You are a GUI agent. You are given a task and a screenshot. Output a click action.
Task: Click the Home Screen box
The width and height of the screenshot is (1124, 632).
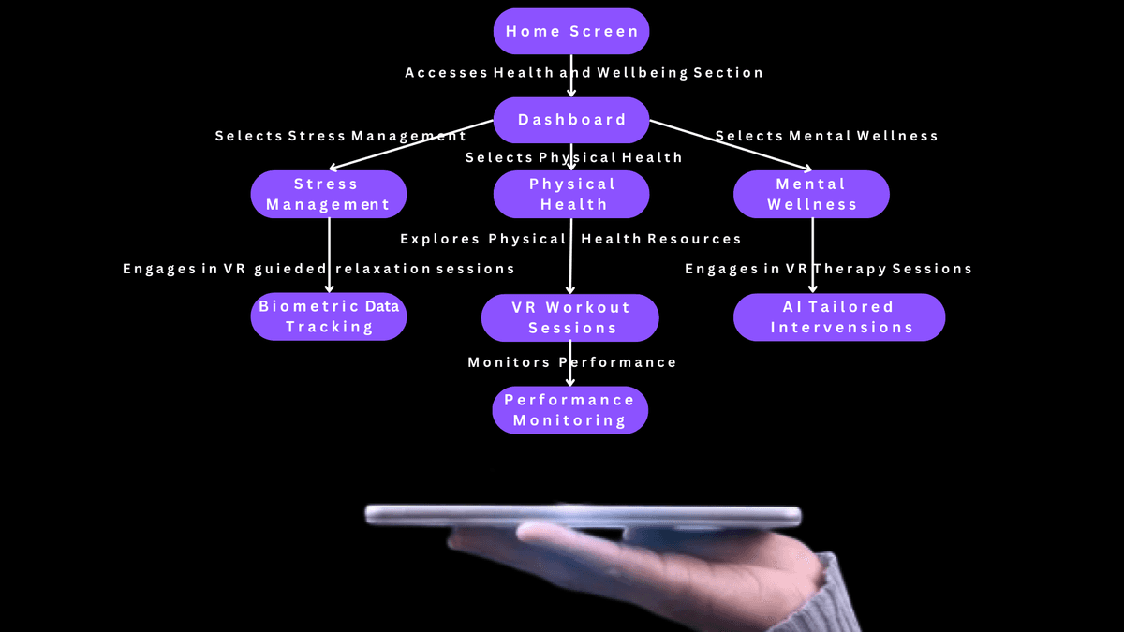pyautogui.click(x=571, y=31)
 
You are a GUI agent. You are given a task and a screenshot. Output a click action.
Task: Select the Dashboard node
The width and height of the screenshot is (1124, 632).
pyautogui.click(x=571, y=120)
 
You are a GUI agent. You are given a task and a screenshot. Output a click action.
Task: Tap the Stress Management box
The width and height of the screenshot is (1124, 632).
pyautogui.click(x=328, y=194)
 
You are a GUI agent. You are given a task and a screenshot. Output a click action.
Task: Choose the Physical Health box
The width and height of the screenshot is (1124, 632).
pyautogui.click(x=571, y=194)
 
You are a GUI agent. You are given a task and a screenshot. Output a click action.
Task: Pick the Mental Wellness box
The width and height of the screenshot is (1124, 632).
pyautogui.click(x=811, y=194)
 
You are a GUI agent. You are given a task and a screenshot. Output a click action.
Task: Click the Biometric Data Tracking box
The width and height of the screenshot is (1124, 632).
pyautogui.click(x=329, y=316)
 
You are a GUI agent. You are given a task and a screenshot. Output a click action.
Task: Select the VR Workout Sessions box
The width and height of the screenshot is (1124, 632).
pyautogui.click(x=570, y=317)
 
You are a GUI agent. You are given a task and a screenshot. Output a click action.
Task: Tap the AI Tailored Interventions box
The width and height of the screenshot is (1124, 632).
pyautogui.click(x=839, y=316)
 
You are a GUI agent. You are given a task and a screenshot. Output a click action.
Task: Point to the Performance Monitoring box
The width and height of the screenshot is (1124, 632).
pyautogui.click(x=570, y=410)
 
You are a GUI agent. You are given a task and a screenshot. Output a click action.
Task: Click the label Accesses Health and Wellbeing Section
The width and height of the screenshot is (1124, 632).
pyautogui.click(x=584, y=73)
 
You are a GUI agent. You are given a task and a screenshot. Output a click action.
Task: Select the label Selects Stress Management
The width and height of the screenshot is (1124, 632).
pyautogui.click(x=341, y=137)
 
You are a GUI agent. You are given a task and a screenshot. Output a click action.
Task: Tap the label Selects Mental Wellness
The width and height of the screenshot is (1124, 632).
pyautogui.click(x=827, y=137)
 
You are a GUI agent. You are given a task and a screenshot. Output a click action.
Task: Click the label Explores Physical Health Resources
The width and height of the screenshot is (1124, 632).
pyautogui.click(x=570, y=240)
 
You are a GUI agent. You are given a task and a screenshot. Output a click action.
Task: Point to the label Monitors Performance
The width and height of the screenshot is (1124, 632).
pyautogui.click(x=571, y=362)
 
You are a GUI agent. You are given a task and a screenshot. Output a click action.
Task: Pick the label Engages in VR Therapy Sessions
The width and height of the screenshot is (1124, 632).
pyautogui.click(x=828, y=269)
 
